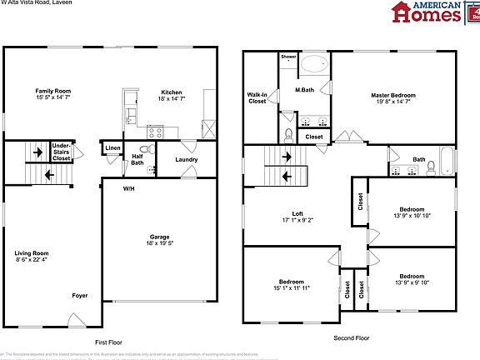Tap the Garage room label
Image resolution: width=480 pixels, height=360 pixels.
coord(159,237)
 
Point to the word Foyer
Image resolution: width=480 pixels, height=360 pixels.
coord(79,296)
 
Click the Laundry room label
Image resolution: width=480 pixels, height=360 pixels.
coord(185,158)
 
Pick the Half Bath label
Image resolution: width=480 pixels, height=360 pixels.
coord(137,159)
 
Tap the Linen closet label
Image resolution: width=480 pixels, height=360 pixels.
coord(112,149)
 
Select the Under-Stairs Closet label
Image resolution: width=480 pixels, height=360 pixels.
coord(61,151)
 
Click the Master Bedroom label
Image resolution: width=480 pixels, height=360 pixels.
coord(392,96)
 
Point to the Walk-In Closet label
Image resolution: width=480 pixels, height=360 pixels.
coord(257,99)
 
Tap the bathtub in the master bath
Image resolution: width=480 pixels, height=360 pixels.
coord(315,64)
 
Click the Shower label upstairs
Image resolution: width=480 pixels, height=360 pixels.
coord(288,57)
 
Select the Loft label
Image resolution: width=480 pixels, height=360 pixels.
coord(292,215)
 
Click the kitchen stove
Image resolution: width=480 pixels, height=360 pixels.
coord(155,130)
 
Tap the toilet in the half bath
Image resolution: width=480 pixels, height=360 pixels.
coord(152,170)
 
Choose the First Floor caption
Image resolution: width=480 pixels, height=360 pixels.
coord(108,342)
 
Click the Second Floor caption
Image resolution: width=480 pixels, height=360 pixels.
coord(351,338)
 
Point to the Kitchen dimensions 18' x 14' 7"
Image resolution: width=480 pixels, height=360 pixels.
coord(171,99)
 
